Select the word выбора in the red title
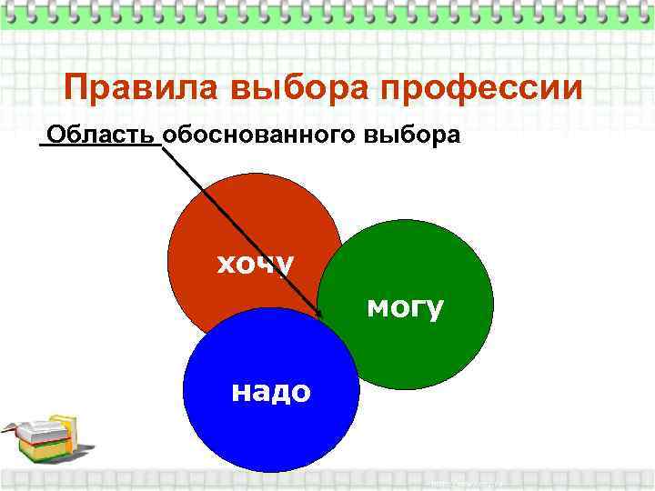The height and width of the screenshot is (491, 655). click(301, 89)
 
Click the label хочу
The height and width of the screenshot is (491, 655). click(254, 264)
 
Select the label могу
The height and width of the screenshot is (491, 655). click(405, 307)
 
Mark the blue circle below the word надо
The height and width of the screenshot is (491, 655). click(270, 436)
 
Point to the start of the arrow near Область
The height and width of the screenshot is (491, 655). click(165, 147)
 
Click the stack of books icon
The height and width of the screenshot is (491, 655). click(41, 439)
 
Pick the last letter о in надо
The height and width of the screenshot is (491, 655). click(301, 392)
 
